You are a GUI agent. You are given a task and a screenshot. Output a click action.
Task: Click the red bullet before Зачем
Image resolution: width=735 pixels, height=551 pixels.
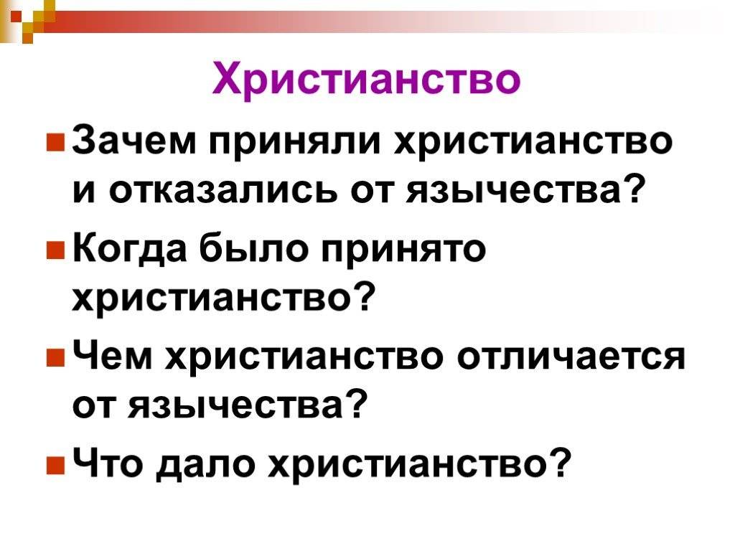click(x=55, y=143)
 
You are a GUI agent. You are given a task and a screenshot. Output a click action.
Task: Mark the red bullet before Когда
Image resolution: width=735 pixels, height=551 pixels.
click(x=55, y=250)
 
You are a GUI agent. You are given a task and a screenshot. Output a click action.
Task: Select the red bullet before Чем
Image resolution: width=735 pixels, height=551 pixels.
click(x=55, y=358)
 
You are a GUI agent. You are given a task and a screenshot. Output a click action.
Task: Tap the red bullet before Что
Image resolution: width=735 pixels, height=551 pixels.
click(x=55, y=465)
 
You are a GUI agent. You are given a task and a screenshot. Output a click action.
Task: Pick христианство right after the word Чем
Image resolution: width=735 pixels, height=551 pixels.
click(x=304, y=359)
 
